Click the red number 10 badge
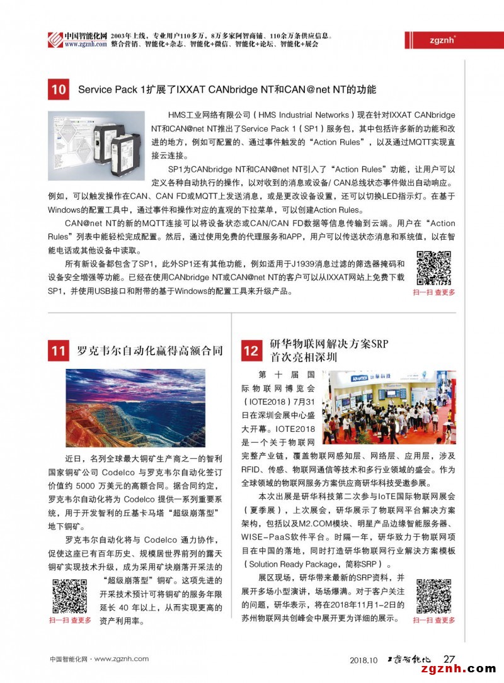pyautogui.click(x=59, y=89)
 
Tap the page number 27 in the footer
pyautogui.click(x=450, y=659)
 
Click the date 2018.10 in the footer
pyautogui.click(x=364, y=660)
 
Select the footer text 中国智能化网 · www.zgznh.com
pyautogui.click(x=99, y=659)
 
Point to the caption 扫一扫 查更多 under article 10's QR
pyautogui.click(x=434, y=293)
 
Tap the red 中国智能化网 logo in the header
pyautogui.click(x=55, y=40)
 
